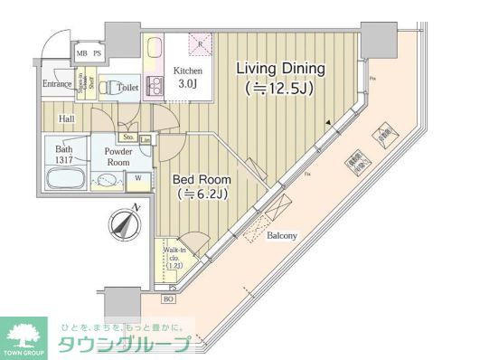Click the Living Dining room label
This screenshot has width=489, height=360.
pos(281,69)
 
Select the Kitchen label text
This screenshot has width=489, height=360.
pos(187,71)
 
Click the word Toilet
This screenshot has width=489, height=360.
pos(127,88)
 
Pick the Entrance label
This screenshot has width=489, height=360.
pos(57,85)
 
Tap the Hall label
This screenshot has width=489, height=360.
pos(67,118)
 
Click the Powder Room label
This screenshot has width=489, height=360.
pos(118,156)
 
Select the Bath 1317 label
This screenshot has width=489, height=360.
pos(63,154)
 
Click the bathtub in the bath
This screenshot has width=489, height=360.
pos(63,178)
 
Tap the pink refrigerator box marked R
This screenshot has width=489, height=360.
pos(200,42)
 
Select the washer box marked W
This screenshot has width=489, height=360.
pos(138,178)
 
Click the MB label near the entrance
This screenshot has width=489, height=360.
pos(81,53)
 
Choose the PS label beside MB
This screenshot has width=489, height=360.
pos(97,53)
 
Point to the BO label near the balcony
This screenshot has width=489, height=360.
pos(168,298)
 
